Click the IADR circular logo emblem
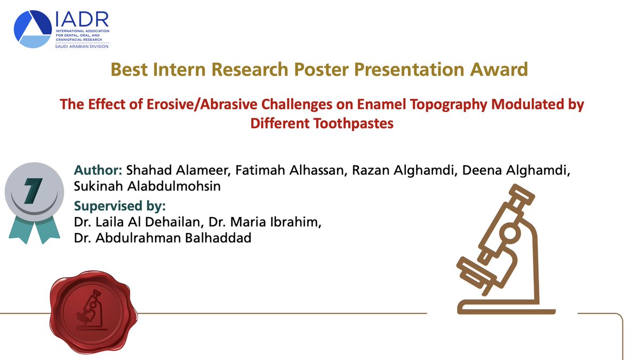[33, 29]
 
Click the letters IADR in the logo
[82, 20]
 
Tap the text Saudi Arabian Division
[82, 46]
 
